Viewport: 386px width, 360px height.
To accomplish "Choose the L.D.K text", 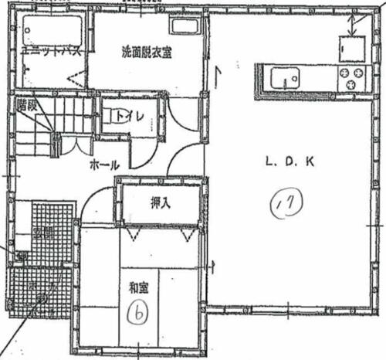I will point(287,162).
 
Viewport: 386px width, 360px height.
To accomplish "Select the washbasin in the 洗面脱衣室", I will point(185,28).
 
